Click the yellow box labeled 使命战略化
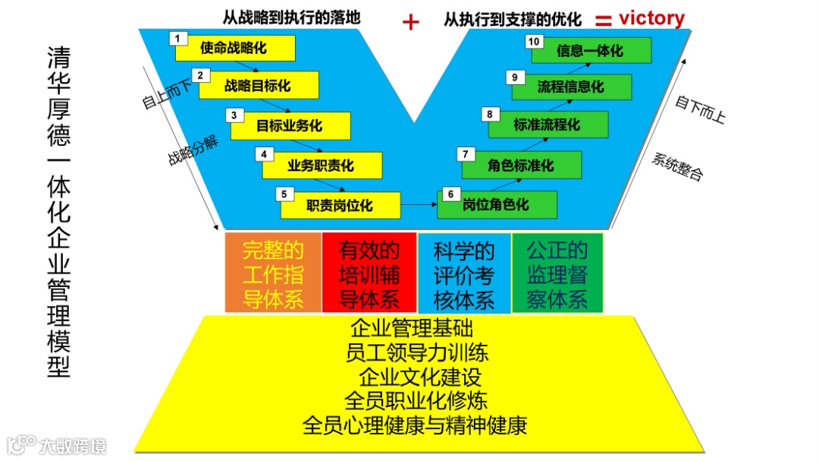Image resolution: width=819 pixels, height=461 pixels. [234, 48]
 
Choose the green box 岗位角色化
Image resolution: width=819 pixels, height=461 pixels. [497, 205]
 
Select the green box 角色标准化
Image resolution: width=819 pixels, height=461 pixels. [521, 165]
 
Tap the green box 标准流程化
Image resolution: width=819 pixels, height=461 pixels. [548, 125]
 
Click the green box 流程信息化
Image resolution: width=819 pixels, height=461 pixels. [571, 87]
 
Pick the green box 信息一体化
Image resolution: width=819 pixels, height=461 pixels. [590, 51]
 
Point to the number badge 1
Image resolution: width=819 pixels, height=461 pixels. [177, 38]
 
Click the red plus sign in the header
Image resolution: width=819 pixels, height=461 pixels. [410, 22]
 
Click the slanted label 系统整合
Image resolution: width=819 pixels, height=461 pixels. [677, 167]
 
